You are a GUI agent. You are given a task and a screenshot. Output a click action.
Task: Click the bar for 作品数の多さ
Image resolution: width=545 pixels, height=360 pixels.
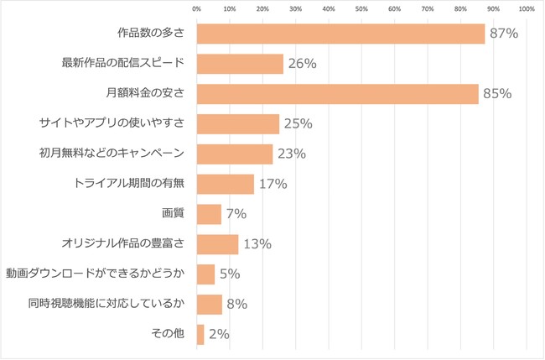(340, 34)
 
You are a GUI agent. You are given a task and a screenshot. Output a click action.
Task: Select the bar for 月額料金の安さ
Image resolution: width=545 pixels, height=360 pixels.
(337, 93)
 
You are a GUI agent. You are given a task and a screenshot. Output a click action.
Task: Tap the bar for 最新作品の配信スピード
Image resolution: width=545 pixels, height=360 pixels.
(240, 64)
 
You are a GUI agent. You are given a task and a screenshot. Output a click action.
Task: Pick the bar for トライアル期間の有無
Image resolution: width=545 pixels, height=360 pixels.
(225, 184)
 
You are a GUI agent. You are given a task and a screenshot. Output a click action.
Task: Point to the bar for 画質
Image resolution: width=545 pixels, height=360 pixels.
(209, 214)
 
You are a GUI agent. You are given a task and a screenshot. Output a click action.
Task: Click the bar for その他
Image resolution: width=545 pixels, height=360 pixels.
(200, 334)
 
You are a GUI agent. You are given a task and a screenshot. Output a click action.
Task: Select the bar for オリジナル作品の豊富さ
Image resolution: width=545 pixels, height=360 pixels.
(217, 244)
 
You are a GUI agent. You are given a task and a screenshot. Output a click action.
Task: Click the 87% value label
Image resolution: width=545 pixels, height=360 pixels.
(504, 34)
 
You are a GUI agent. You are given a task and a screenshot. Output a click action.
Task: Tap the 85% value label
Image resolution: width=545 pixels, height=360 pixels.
(497, 93)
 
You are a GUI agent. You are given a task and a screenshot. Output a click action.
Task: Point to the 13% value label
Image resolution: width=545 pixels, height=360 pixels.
(257, 244)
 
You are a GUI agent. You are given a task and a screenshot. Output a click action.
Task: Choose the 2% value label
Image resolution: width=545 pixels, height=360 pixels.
(219, 334)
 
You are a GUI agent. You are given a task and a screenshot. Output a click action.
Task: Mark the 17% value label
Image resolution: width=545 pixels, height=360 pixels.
(272, 184)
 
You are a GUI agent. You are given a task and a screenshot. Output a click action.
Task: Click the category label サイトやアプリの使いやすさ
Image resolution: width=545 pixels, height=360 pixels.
(122, 124)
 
